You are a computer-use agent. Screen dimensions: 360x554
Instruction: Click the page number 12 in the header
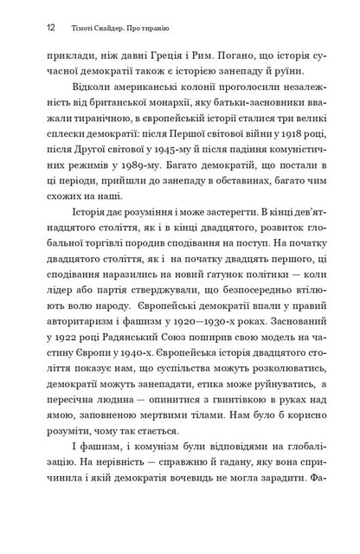coord(29,26)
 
